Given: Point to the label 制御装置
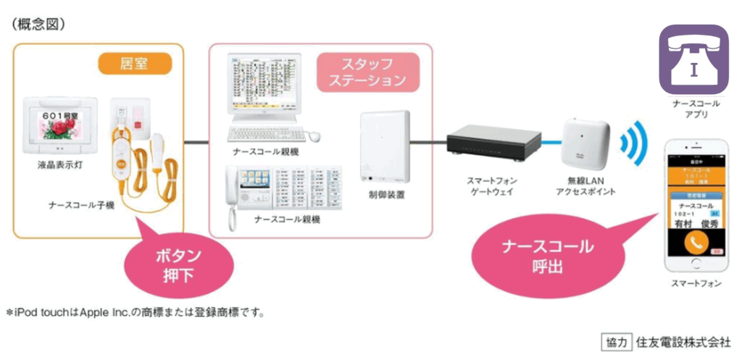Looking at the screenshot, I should [x=385, y=195].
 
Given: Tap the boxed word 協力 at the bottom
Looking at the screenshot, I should [x=615, y=341].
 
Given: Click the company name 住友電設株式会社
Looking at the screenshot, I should [x=683, y=341].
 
